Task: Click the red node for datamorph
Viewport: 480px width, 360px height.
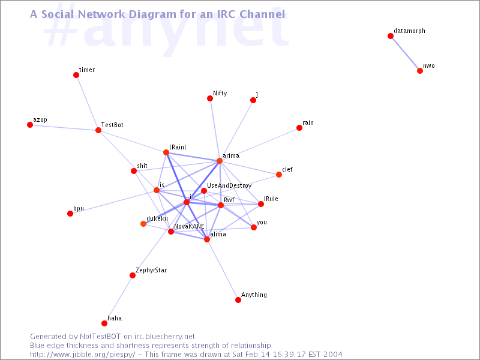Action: point(391,36)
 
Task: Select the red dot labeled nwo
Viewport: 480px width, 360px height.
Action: point(420,71)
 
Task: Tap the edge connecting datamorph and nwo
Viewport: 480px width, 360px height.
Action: point(405,53)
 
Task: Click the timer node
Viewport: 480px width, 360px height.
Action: point(76,75)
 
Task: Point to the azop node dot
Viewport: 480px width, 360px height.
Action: point(30,125)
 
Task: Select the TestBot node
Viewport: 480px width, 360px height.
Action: point(98,130)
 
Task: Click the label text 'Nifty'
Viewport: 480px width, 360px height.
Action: point(220,94)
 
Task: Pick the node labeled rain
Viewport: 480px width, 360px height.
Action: point(299,128)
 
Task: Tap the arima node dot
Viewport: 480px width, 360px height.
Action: point(220,161)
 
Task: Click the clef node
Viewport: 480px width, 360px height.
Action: point(279,175)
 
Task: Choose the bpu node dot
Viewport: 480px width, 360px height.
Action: point(70,214)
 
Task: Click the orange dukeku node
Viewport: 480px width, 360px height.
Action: point(143,224)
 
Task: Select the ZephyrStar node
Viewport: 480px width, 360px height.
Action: point(133,275)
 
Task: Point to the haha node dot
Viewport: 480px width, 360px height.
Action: point(104,323)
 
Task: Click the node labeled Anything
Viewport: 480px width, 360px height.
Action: point(238,299)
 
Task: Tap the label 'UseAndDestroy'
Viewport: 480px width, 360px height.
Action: point(229,185)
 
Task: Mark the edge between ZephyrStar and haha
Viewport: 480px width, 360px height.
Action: point(118,299)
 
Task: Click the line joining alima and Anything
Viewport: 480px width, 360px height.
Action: point(223,269)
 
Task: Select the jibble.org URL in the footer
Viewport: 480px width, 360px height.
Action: point(82,355)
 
